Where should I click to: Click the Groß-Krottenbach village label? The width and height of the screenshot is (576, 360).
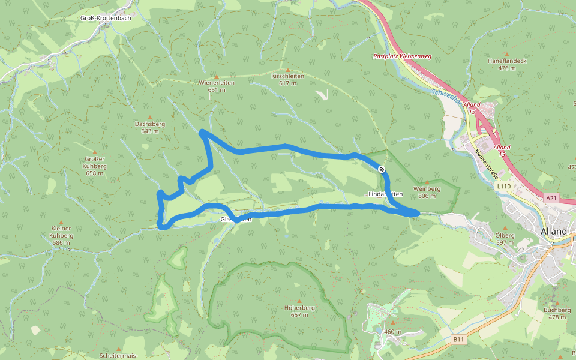105,18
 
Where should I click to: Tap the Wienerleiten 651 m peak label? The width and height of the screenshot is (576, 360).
216,86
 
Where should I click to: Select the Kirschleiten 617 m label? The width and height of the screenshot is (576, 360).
287,79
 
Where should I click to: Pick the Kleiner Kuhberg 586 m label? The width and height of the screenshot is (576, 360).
62,232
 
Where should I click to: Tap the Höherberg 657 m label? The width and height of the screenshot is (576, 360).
299,311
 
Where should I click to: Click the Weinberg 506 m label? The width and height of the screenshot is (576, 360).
427,192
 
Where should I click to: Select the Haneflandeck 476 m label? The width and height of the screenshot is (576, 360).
506,64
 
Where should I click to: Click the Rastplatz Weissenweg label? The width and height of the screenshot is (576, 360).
402,56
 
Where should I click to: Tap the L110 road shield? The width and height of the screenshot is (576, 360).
504,187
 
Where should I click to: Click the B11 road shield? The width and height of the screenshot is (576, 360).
459,340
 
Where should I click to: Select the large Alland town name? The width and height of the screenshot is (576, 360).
553,231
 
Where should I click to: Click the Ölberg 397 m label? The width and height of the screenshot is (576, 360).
505,239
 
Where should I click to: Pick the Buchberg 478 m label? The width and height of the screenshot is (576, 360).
557,313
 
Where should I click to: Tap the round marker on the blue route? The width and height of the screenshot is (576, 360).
382,169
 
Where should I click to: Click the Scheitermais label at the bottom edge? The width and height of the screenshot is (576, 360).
119,356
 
